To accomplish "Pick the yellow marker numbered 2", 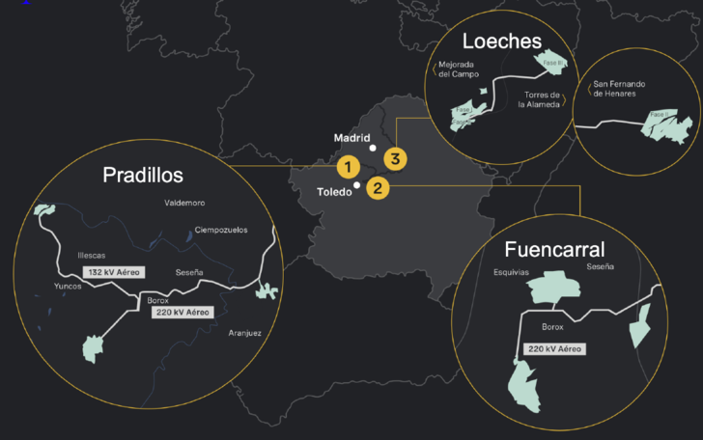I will [378, 188].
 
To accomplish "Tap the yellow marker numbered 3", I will [395, 157].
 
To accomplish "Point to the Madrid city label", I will [351, 138].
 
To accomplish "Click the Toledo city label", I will [335, 192].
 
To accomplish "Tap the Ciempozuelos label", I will [221, 230].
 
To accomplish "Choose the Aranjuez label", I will [245, 333].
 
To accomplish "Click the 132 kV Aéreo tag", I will [114, 273].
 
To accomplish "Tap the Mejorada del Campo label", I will [459, 69].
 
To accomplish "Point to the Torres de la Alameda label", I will [543, 100].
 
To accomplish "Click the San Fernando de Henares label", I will [619, 89].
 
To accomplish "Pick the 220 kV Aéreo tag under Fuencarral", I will [553, 349].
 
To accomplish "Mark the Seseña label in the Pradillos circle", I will [189, 273].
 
